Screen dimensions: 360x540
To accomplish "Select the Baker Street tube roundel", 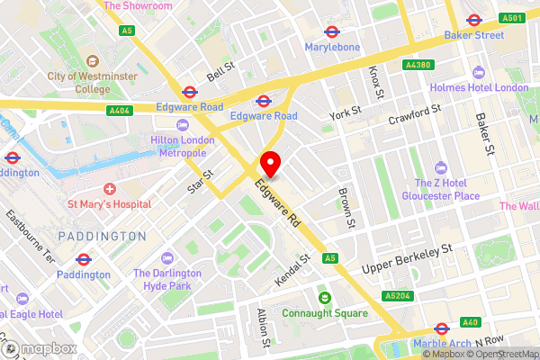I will pyautogui.click(x=472, y=20).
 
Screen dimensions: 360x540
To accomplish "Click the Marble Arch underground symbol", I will pyautogui.click(x=442, y=328).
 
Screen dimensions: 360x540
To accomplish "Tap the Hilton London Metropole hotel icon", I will pyautogui.click(x=184, y=125).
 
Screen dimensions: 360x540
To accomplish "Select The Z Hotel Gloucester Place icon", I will pyautogui.click(x=441, y=168).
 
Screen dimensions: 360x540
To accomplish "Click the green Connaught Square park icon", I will pyautogui.click(x=323, y=298).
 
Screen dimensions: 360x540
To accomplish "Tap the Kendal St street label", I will pyautogui.click(x=293, y=267).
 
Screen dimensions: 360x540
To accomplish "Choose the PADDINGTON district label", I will pyautogui.click(x=102, y=236).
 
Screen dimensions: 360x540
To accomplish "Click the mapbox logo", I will pyautogui.click(x=36, y=348).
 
